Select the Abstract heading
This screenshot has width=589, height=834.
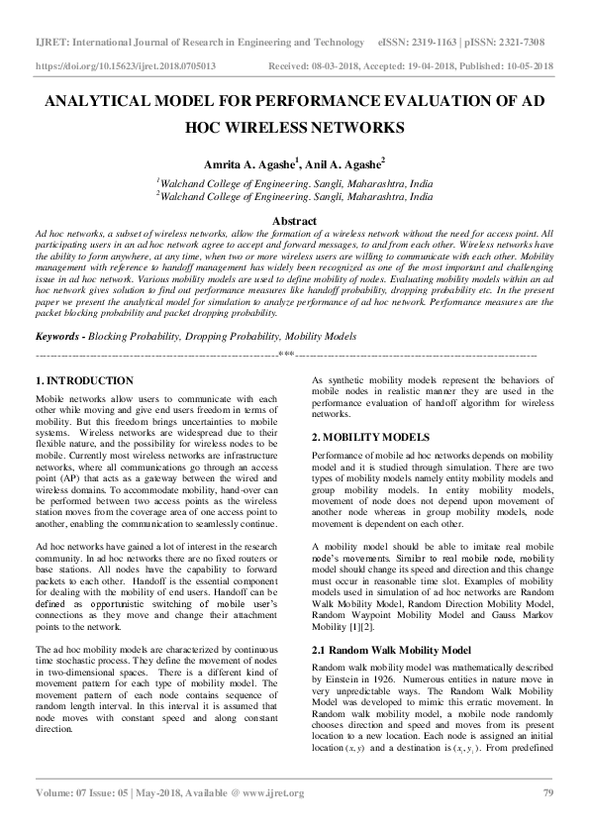294,221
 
